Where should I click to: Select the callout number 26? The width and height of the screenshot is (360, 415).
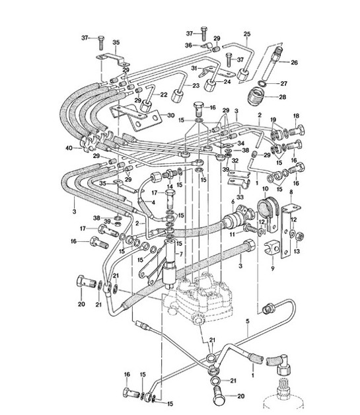pyautogui.click(x=295, y=63)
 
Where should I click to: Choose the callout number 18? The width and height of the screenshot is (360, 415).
pyautogui.click(x=296, y=116)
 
